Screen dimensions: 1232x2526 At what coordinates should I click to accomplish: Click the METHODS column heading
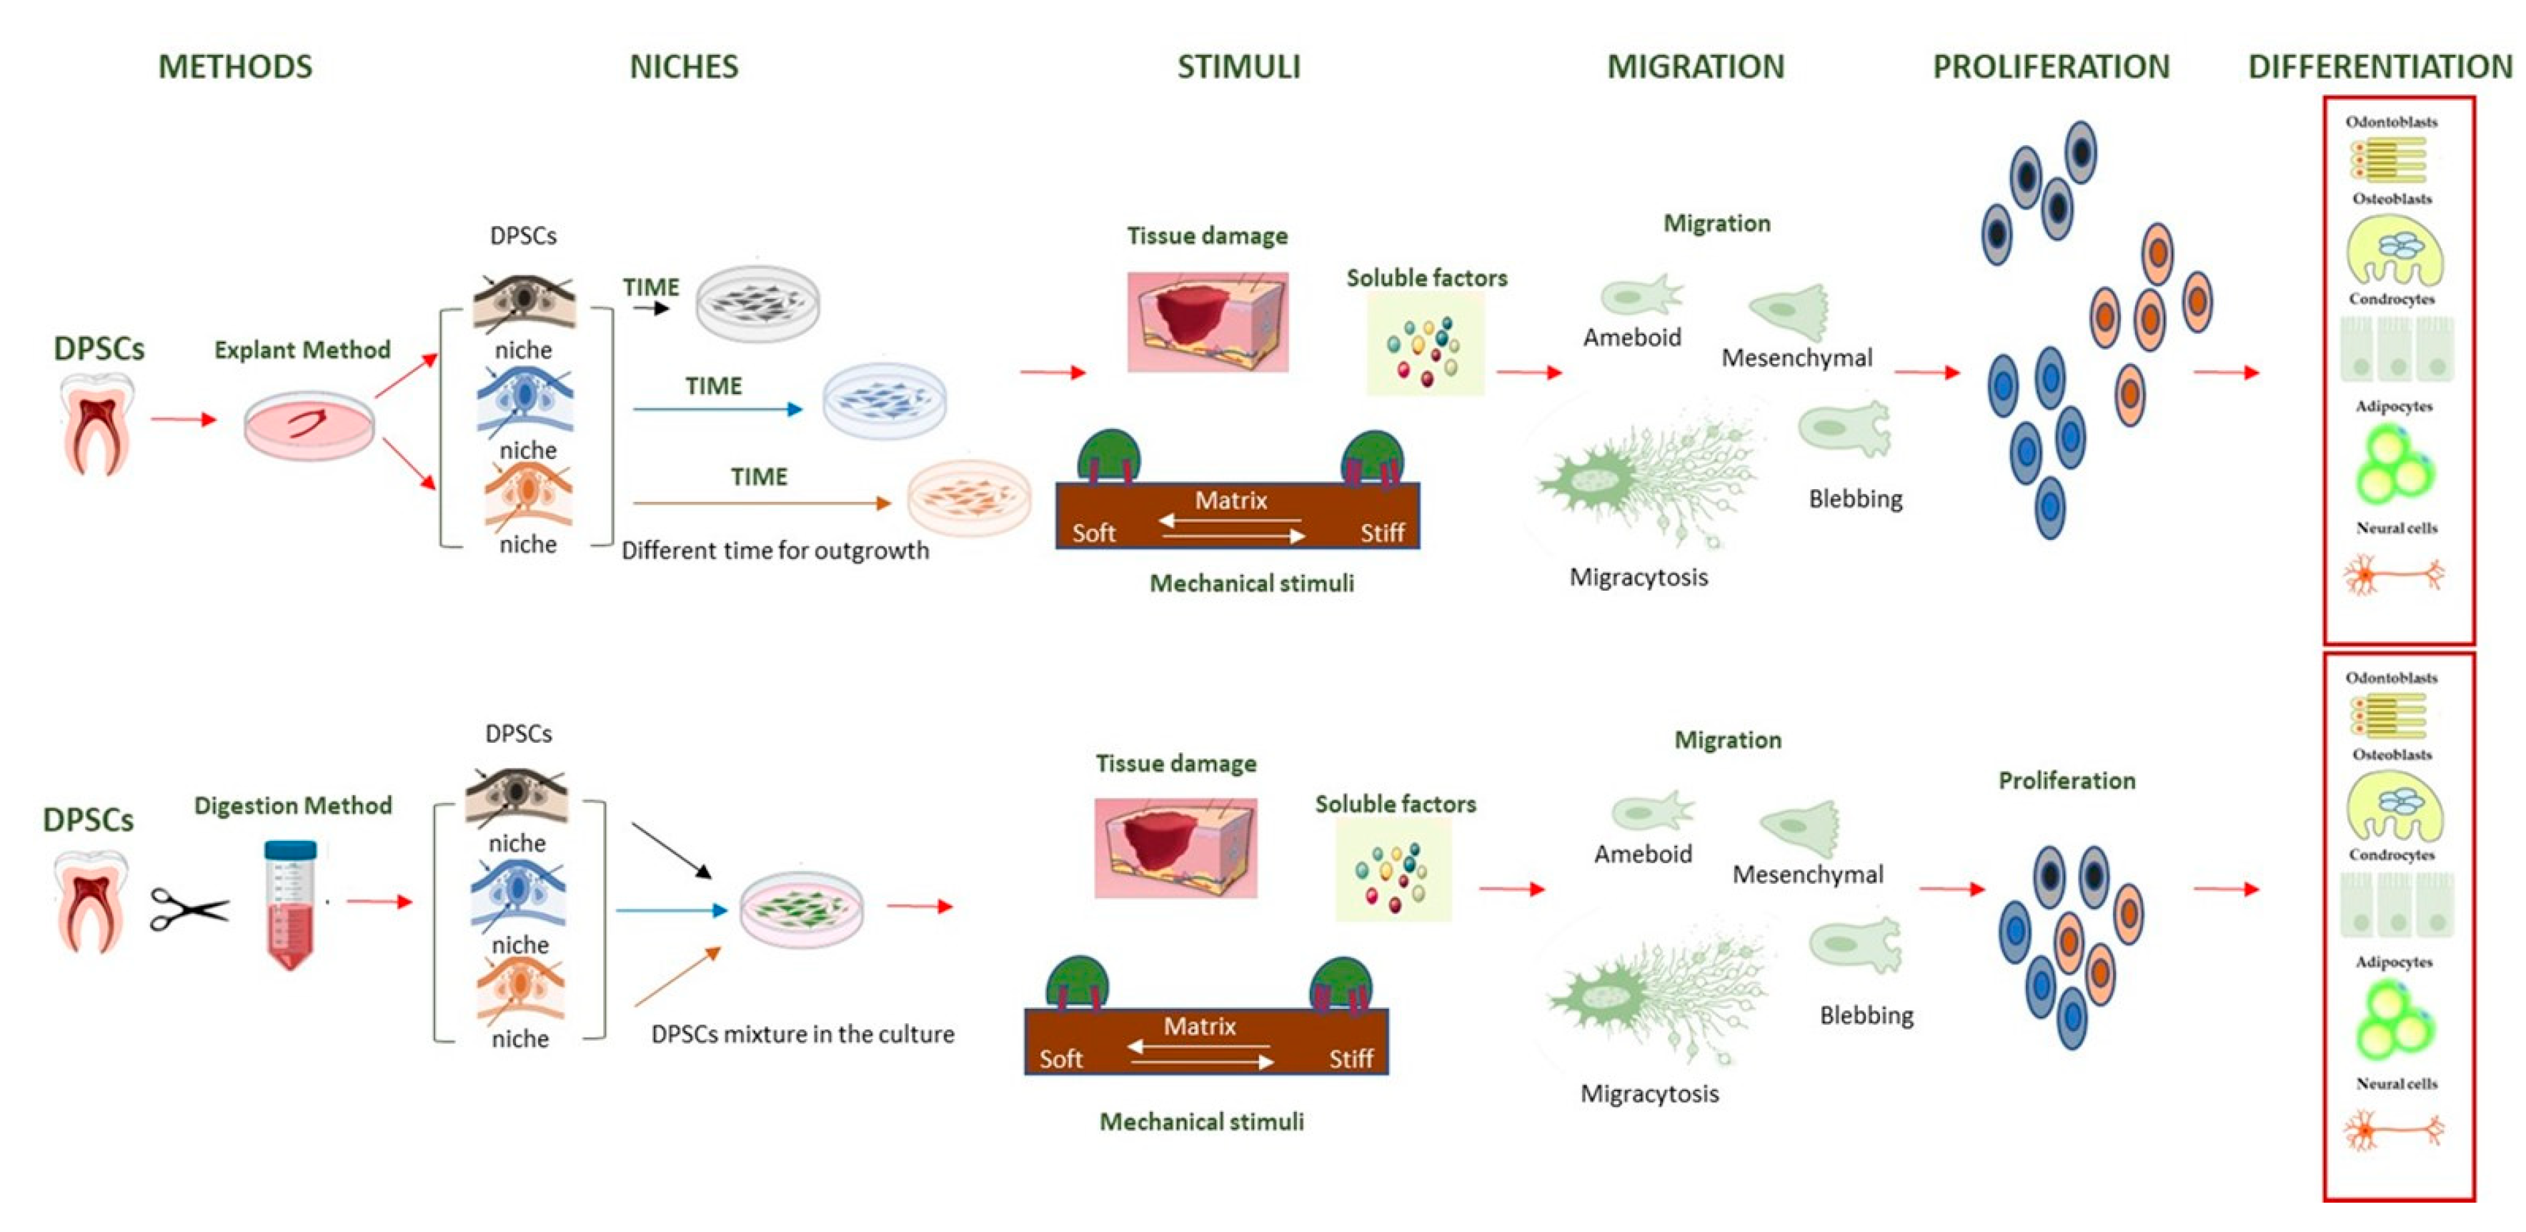tap(235, 66)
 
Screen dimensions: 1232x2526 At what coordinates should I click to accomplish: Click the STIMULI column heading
tap(1238, 66)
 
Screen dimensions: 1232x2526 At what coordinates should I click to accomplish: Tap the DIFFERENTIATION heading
tap(2380, 66)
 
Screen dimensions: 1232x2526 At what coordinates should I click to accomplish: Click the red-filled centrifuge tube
tap(290, 905)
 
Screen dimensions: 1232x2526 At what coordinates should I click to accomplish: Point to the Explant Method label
tap(302, 350)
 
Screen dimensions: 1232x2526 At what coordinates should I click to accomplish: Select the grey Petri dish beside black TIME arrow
tap(757, 303)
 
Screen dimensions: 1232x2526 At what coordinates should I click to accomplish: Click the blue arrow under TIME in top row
tap(717, 409)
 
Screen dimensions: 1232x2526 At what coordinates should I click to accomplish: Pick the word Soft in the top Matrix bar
tap(1093, 533)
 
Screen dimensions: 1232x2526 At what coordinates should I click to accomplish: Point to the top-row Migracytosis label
tap(1638, 578)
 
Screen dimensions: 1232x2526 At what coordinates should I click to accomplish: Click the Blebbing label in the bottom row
tap(1866, 1016)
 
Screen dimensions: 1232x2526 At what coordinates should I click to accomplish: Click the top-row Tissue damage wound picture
tap(1207, 322)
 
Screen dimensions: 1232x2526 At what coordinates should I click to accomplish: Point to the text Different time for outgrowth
tap(775, 551)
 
